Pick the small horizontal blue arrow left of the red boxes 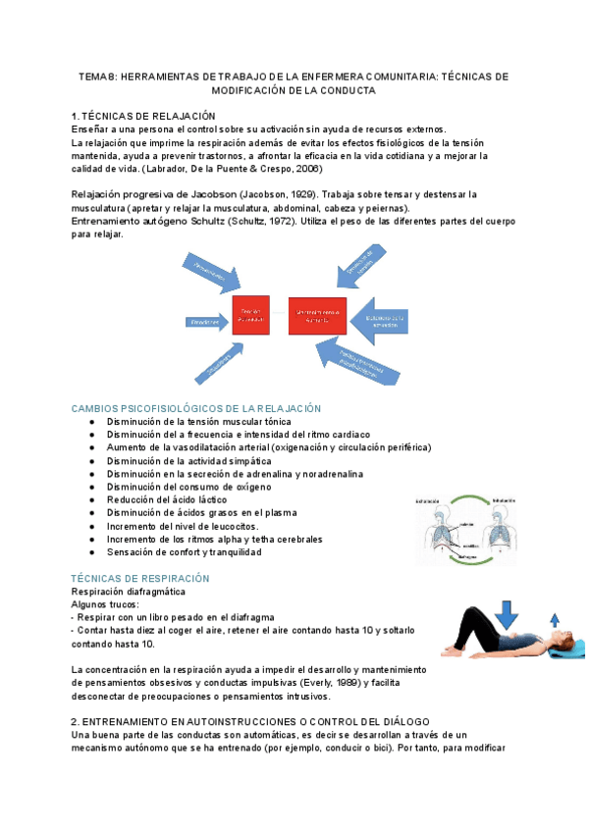point(205,321)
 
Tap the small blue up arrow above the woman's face point(557,620)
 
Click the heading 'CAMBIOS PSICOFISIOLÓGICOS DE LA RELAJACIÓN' point(197,408)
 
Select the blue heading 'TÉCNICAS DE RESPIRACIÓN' point(141,579)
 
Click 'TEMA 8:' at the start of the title point(96,77)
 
